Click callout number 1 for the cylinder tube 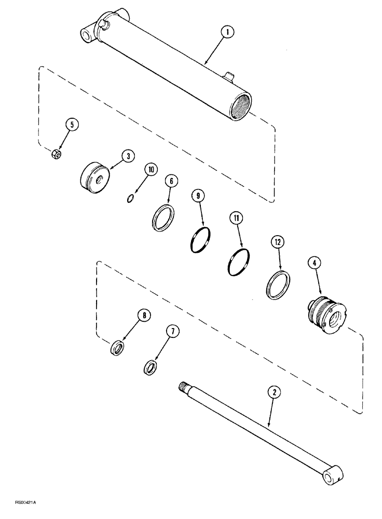[x=227, y=33]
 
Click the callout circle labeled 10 [x=151, y=170]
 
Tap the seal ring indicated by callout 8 [x=117, y=347]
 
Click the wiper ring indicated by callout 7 [x=151, y=367]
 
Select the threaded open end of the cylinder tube [x=241, y=106]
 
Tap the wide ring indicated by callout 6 [x=163, y=216]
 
